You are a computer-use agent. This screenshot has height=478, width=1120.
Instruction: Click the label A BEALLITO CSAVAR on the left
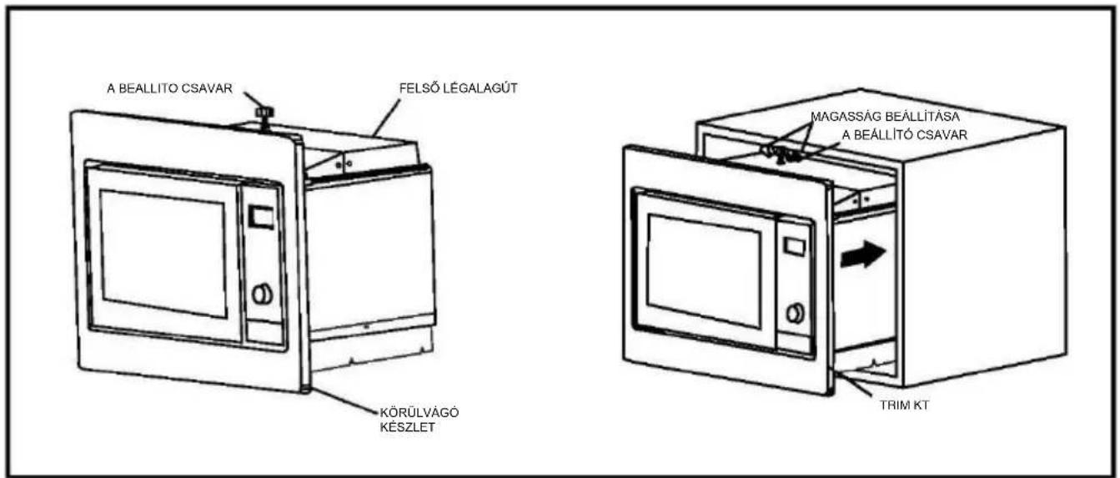click(169, 88)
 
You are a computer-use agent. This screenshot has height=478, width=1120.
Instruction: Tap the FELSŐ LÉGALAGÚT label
click(458, 88)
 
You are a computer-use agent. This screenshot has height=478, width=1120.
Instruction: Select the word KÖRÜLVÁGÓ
click(419, 412)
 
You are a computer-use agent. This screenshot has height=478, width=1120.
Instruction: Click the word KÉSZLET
click(407, 427)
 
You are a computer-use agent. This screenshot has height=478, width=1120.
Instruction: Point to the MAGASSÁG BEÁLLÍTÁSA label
click(885, 117)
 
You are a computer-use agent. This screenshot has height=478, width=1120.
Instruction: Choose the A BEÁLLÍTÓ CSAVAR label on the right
click(905, 134)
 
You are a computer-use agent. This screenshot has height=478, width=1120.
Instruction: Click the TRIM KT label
click(904, 405)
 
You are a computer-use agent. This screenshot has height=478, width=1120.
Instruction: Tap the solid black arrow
click(863, 254)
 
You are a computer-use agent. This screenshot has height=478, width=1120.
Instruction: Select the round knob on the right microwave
click(795, 313)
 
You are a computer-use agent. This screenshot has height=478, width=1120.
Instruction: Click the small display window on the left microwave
click(261, 217)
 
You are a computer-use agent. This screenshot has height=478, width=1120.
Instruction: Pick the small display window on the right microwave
click(793, 246)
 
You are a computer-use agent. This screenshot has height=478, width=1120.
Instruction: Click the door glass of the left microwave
click(163, 253)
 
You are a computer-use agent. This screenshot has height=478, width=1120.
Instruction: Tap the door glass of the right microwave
click(704, 271)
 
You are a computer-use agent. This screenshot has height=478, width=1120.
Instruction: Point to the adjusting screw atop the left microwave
click(263, 116)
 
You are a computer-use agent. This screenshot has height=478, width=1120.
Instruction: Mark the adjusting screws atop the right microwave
click(782, 154)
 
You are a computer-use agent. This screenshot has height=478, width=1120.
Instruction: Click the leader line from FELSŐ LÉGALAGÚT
click(386, 118)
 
